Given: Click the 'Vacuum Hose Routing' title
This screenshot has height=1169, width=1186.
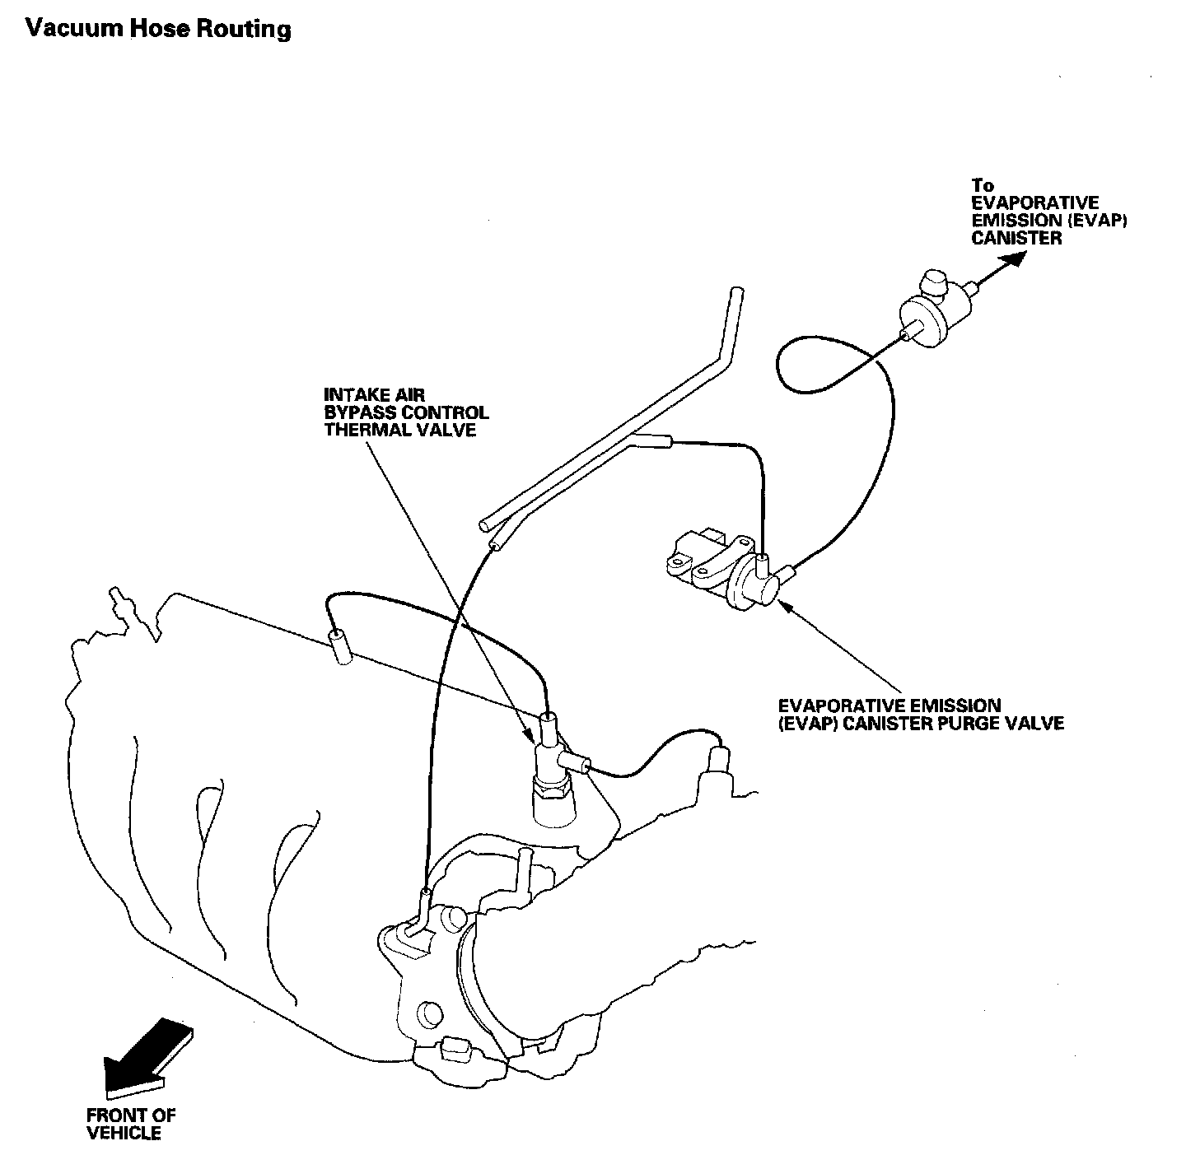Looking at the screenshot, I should tap(158, 30).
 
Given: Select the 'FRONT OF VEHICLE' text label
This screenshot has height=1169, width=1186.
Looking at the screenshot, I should tap(131, 1125).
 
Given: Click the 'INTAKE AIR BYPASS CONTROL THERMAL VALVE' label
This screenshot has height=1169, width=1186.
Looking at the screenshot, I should tap(406, 412).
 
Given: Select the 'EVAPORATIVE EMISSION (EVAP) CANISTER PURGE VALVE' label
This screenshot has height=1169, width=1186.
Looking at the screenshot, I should tap(921, 715).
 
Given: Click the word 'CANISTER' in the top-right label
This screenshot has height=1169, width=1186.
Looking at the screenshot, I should tap(1016, 239).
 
